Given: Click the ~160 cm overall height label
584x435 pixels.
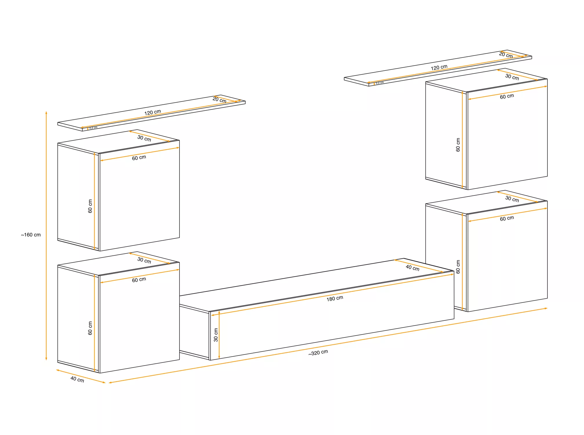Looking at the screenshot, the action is pyautogui.click(x=31, y=235).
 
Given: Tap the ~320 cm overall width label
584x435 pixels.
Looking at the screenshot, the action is pyautogui.click(x=318, y=353).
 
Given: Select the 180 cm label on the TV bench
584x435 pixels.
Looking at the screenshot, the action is pyautogui.click(x=335, y=298).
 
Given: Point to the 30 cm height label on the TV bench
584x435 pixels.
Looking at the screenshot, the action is pyautogui.click(x=216, y=335).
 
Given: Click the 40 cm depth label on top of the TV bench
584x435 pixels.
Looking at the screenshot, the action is pyautogui.click(x=412, y=268).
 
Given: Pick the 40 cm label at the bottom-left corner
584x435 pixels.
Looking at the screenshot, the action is pyautogui.click(x=77, y=379).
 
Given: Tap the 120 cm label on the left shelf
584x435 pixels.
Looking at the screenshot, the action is pyautogui.click(x=153, y=112).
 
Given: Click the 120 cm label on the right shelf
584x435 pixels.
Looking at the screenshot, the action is pyautogui.click(x=439, y=68).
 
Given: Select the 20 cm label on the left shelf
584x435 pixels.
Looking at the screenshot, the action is pyautogui.click(x=219, y=100).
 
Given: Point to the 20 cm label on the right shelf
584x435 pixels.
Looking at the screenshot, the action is pyautogui.click(x=506, y=55).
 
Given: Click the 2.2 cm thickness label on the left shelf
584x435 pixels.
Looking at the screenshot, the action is pyautogui.click(x=93, y=128).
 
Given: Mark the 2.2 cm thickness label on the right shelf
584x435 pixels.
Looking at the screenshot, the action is pyautogui.click(x=380, y=83).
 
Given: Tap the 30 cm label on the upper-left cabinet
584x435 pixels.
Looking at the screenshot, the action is pyautogui.click(x=144, y=138).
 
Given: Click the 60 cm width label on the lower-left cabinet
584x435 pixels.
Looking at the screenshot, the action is pyautogui.click(x=139, y=280).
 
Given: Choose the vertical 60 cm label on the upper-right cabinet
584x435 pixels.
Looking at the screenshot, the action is pyautogui.click(x=458, y=145).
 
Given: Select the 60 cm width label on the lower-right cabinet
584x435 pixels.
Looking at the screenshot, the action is pyautogui.click(x=507, y=218).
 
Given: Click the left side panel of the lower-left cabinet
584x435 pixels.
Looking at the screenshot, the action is pyautogui.click(x=78, y=319).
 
